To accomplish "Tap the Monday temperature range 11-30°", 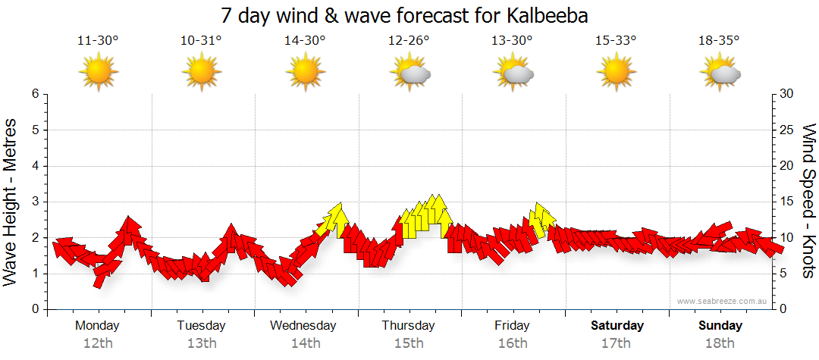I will (x=98, y=41).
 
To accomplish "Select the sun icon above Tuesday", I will (x=201, y=72).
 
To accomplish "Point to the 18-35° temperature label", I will (x=719, y=41).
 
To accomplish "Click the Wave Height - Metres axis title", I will (x=12, y=202).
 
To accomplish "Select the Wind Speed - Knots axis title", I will (x=808, y=202).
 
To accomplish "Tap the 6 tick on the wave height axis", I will (x=34, y=94).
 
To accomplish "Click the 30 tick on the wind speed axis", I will (x=787, y=94).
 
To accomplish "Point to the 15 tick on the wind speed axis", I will (x=787, y=202).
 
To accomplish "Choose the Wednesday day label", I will (x=303, y=326).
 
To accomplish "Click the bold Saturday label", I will (x=617, y=326).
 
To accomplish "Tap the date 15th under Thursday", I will (x=409, y=343).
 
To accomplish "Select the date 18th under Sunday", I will (x=720, y=343).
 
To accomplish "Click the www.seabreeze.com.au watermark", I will (x=723, y=302).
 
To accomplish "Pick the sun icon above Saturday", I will (x=616, y=72).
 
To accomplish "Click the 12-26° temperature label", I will (x=409, y=41).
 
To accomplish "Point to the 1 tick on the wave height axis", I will (x=34, y=274).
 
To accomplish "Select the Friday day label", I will (x=513, y=326).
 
